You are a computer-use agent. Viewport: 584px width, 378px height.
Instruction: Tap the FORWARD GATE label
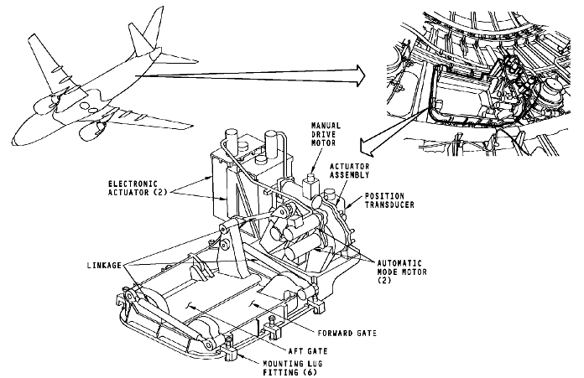coord(343,334)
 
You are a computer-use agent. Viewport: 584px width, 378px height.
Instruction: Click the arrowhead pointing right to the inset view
coord(359,75)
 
